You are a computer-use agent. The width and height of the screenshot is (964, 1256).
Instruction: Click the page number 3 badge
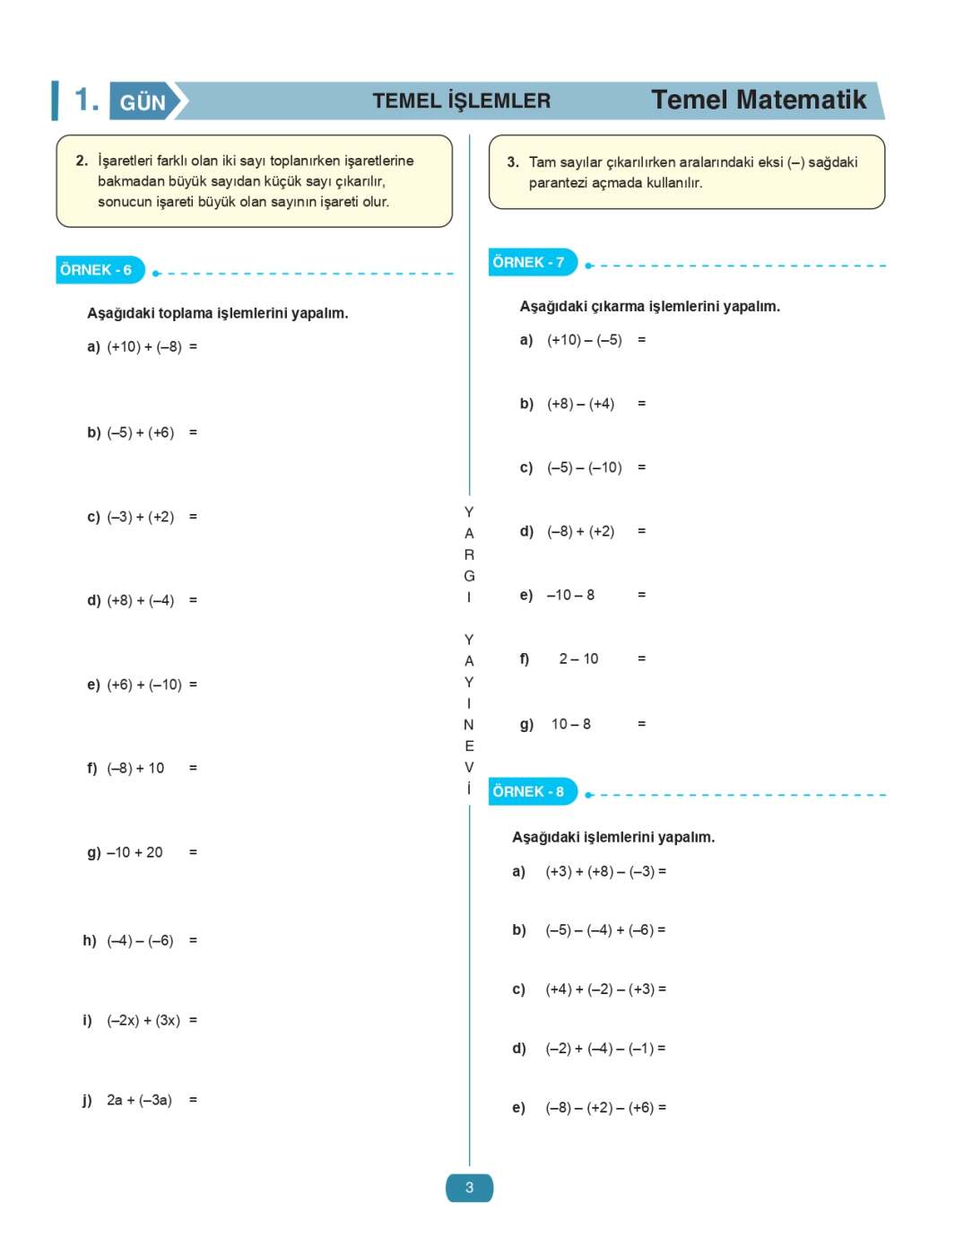(469, 1188)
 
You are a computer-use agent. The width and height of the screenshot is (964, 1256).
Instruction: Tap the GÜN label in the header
(143, 102)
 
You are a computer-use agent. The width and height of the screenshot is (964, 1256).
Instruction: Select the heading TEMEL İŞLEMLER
(461, 100)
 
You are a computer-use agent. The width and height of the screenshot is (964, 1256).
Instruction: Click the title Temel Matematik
(759, 100)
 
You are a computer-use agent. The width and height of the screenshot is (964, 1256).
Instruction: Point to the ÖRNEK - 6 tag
(97, 269)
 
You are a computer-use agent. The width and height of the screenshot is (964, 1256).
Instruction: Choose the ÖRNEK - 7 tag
(529, 262)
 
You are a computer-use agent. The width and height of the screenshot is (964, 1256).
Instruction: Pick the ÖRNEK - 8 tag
(529, 791)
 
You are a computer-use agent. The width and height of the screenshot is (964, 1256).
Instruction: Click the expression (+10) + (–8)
(143, 346)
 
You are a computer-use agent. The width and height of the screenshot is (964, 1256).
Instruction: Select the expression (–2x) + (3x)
(143, 1020)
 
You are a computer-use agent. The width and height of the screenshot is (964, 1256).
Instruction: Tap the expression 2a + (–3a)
(139, 1100)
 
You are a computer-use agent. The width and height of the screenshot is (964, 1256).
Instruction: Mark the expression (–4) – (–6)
(140, 940)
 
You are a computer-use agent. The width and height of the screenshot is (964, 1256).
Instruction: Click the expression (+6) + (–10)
(143, 685)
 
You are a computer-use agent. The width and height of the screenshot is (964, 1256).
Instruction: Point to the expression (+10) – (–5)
(584, 340)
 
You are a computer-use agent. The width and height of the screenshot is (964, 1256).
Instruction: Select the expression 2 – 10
(578, 659)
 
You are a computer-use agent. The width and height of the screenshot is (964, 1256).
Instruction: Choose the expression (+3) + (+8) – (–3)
(599, 871)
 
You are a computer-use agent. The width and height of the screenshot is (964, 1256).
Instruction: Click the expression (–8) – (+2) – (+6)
(599, 1108)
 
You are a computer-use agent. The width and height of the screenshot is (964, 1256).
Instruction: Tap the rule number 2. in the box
(82, 161)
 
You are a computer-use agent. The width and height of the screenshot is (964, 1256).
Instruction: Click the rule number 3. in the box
(513, 162)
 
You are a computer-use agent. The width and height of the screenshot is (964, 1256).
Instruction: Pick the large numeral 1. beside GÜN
(86, 100)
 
